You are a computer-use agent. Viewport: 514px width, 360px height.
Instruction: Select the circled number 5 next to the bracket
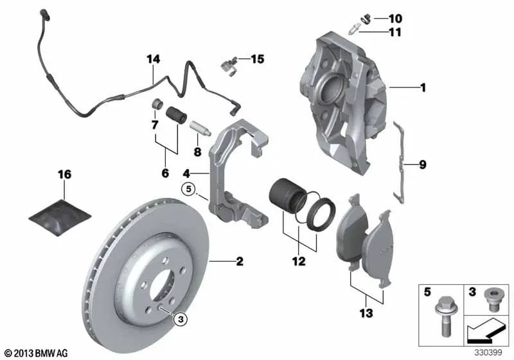tap(187, 189)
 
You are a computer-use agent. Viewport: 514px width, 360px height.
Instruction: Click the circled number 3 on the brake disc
tap(181, 318)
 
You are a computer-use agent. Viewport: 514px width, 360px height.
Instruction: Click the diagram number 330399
tap(489, 353)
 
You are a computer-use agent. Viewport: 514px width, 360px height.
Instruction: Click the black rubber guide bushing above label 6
tap(175, 117)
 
